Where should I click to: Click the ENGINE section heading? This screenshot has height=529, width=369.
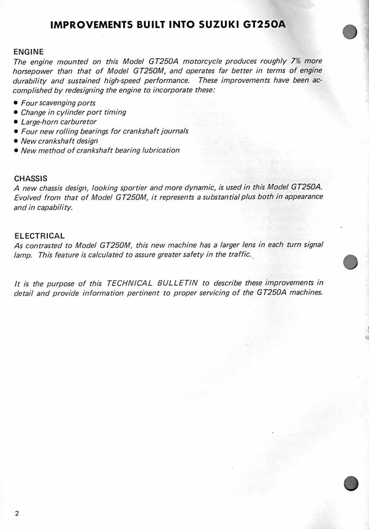click(x=28, y=52)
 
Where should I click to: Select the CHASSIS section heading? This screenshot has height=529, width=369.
click(x=31, y=178)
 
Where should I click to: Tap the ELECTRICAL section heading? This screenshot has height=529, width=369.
click(x=40, y=236)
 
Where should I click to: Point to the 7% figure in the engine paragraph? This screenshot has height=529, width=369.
click(x=295, y=61)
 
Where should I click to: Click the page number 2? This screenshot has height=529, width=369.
click(x=17, y=513)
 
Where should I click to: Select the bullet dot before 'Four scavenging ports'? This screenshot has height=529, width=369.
click(x=16, y=103)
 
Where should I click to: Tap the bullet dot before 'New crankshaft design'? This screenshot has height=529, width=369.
click(x=16, y=141)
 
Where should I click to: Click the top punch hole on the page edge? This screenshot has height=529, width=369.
click(x=350, y=32)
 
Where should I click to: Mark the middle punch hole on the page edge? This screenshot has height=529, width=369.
click(x=350, y=262)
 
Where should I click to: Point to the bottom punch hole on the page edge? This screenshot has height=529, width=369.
click(x=351, y=483)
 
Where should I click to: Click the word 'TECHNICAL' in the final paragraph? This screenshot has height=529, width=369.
click(x=130, y=283)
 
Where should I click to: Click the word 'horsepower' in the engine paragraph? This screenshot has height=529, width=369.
click(x=33, y=71)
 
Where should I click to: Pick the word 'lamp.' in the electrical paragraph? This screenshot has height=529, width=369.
click(x=23, y=255)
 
